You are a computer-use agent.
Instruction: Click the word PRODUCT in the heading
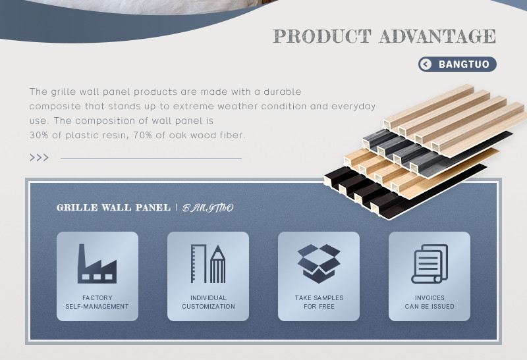tap(322, 36)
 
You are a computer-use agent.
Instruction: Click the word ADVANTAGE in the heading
tap(437, 36)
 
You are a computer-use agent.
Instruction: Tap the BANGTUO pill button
tap(457, 64)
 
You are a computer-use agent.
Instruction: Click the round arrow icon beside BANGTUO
tap(426, 64)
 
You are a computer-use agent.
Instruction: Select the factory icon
tap(97, 264)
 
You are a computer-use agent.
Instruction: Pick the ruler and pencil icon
tap(208, 264)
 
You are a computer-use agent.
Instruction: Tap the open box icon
tap(319, 264)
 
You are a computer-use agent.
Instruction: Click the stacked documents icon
tap(430, 264)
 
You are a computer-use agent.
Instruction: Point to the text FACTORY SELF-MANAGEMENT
tap(97, 302)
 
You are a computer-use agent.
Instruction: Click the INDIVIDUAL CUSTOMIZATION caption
tap(208, 302)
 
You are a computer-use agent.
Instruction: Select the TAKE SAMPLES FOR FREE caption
tap(319, 302)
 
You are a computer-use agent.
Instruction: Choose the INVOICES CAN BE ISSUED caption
tap(430, 302)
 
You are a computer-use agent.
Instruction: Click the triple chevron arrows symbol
tap(39, 157)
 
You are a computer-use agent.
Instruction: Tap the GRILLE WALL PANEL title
tap(113, 207)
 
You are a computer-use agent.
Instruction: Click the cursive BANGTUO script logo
tap(208, 208)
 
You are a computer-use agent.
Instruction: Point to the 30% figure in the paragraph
tap(39, 136)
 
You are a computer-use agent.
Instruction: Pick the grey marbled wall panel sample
tap(433, 153)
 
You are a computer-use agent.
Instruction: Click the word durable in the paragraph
tap(283, 91)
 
